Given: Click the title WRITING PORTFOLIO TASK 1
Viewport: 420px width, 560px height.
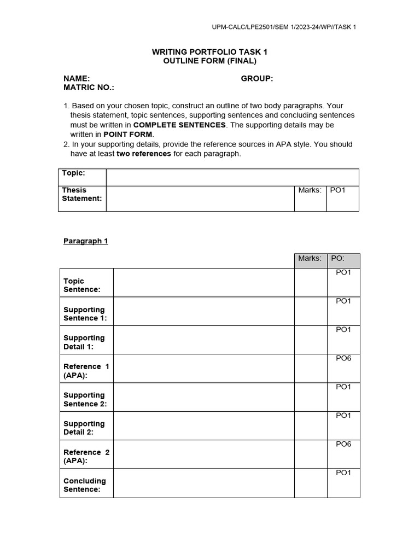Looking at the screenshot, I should point(209,51).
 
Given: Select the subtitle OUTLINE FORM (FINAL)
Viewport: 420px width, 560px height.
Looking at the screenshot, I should point(209,61).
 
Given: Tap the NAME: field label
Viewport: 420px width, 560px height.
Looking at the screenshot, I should point(77,79).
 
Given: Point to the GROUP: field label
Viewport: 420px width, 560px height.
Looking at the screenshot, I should point(257,79).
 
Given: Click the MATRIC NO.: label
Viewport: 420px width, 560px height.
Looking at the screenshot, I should point(89,87).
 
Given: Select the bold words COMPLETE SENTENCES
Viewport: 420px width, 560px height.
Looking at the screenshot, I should point(179,125).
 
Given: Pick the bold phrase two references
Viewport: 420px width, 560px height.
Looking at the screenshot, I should point(144,154).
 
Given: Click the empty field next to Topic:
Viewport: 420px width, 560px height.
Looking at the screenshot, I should point(232,177).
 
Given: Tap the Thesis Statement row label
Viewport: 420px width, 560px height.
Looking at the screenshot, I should point(82,194).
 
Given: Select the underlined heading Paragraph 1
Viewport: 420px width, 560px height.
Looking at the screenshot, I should point(86,241).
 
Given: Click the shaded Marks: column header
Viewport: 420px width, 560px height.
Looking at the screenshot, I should point(310,258).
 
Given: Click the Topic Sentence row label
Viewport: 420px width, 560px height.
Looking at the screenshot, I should point(82,285).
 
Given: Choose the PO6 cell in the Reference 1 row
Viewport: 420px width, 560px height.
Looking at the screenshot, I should point(343,358).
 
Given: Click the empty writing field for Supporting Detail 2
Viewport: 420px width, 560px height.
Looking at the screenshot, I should point(204,425).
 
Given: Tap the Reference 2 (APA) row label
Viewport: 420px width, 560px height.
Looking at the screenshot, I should point(86,457).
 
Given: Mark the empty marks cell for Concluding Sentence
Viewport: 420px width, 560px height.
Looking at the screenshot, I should point(311,483).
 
